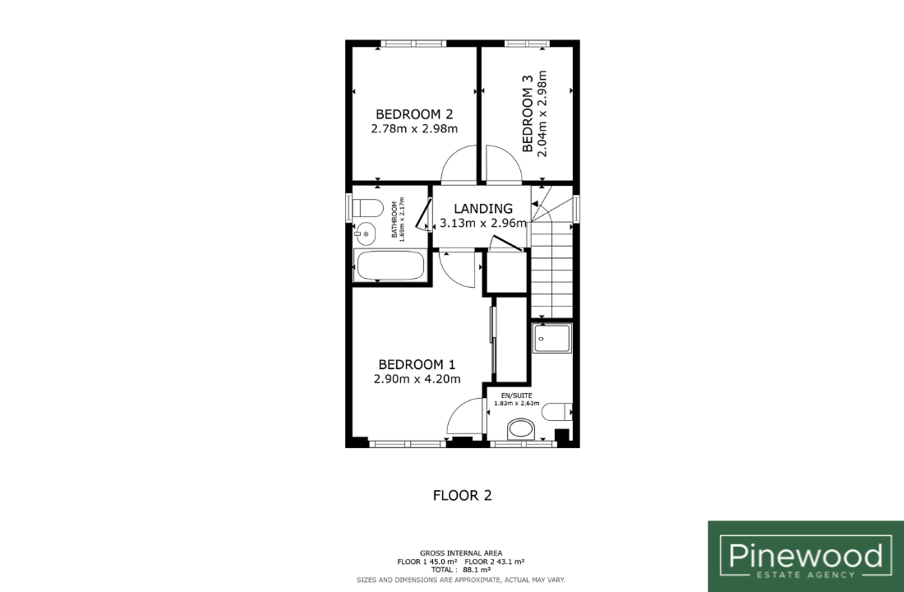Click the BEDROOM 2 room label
tap(414, 114)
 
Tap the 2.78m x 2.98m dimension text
tap(414, 128)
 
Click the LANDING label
tap(483, 208)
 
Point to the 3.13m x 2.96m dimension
tap(483, 223)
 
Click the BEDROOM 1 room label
tap(417, 365)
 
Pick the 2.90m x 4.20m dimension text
tap(417, 379)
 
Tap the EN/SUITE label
tap(517, 395)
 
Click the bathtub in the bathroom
tap(390, 266)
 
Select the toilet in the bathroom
tap(367, 208)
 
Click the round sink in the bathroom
tap(364, 234)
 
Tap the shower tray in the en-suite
tap(552, 338)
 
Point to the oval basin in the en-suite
tap(521, 429)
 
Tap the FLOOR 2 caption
tap(463, 496)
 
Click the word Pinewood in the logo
tap(806, 555)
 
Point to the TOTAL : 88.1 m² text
tap(461, 570)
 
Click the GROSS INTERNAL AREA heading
tap(461, 553)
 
